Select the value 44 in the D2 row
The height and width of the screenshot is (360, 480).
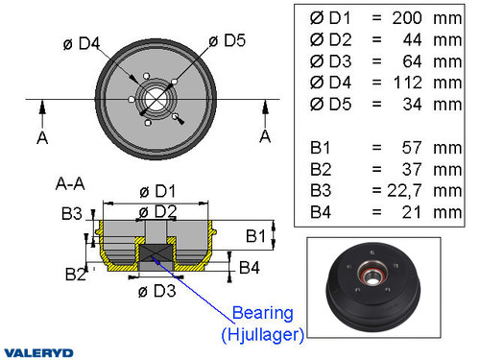point(413,40)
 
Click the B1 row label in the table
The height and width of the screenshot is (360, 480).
point(322,148)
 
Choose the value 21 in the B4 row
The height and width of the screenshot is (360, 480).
point(413,211)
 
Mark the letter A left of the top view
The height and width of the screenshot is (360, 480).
point(41,138)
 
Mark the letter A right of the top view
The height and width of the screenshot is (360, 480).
point(264,136)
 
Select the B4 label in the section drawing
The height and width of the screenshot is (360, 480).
point(249,266)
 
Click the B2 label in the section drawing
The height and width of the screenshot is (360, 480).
point(76,275)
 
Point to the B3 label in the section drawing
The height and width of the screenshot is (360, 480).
point(71,213)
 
